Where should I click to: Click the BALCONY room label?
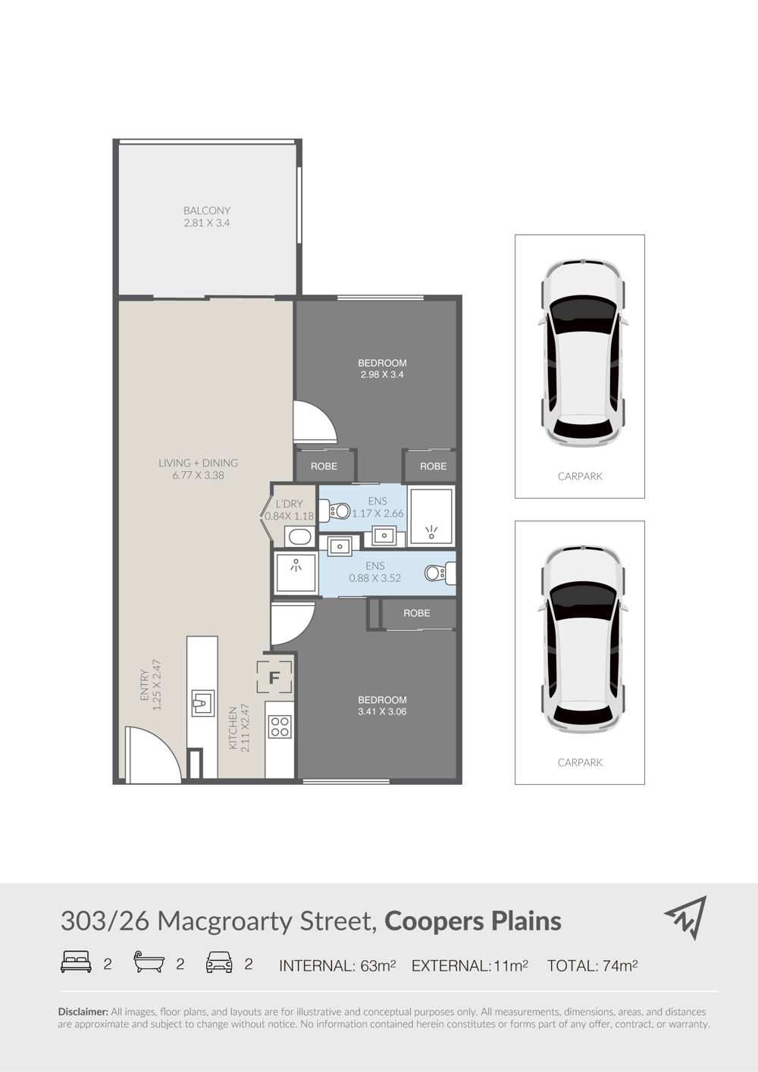tap(207, 211)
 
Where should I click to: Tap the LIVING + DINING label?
tap(199, 463)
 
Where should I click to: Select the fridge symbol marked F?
tap(274, 677)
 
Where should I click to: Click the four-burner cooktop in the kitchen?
tap(280, 726)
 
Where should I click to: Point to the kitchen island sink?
tap(203, 703)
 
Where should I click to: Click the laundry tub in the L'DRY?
tap(299, 536)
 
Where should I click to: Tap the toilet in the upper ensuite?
tap(334, 511)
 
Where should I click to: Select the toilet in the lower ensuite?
tap(440, 573)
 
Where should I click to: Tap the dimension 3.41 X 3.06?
tap(382, 711)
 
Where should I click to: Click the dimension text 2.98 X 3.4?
tap(382, 375)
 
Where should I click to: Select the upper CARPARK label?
tap(580, 477)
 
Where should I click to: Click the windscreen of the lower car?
tap(582, 602)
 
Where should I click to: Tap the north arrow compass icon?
tap(686, 918)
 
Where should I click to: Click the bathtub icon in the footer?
tap(149, 961)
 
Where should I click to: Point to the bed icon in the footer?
tap(76, 962)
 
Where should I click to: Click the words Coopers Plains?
tap(473, 920)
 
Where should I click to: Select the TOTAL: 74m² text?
tap(592, 965)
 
